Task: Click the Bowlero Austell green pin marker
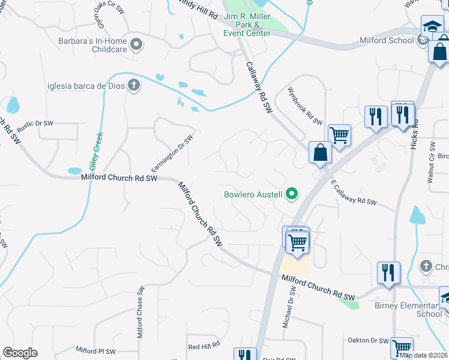coord(292,193)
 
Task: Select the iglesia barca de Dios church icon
coord(133,86)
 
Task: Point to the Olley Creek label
coord(97,150)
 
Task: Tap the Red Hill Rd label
coord(204,346)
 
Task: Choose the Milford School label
coord(387,41)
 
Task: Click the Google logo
coord(20,353)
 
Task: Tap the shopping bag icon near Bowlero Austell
coord(320,153)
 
